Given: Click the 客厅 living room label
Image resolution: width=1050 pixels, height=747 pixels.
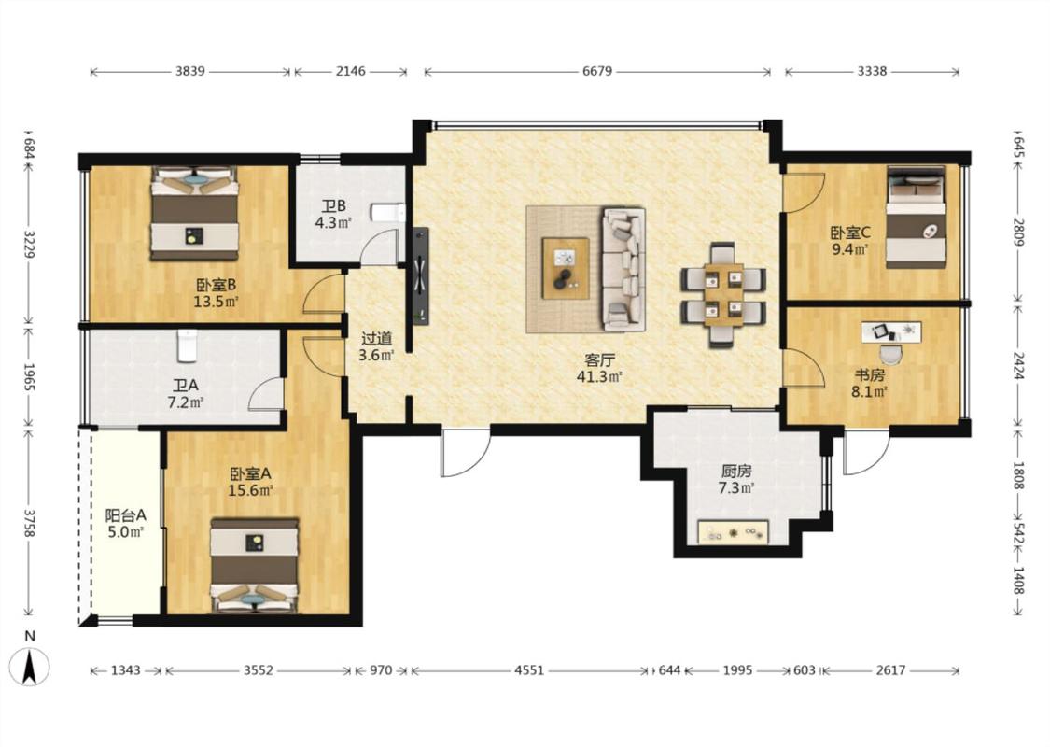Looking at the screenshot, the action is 600,360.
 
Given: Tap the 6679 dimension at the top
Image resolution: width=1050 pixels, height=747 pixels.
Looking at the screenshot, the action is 597,71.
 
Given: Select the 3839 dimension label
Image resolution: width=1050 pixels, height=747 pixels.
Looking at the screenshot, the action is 190,71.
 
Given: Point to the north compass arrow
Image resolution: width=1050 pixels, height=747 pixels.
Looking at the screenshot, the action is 30,668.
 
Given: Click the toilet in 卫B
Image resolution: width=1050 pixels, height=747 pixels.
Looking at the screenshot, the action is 389,213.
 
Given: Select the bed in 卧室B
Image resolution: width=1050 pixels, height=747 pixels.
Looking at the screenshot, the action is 194,213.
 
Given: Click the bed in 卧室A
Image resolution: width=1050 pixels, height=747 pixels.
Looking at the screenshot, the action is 255,565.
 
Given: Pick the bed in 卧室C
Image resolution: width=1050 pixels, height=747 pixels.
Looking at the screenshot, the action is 917,217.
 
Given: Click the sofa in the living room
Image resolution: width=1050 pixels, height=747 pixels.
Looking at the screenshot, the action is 624,269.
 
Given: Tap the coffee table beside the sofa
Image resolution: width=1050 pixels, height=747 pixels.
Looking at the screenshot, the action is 566,268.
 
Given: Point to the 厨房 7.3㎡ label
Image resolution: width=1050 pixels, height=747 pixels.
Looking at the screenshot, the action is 736,480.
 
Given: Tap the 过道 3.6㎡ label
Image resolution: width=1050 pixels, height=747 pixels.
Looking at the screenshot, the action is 376,347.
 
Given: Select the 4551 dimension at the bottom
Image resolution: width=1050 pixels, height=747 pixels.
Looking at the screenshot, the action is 530,669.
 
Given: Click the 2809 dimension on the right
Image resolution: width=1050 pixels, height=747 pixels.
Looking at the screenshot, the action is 1018,233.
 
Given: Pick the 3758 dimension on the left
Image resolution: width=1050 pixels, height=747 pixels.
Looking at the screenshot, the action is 29,522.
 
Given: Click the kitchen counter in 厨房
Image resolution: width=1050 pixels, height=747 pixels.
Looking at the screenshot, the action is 733,532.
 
